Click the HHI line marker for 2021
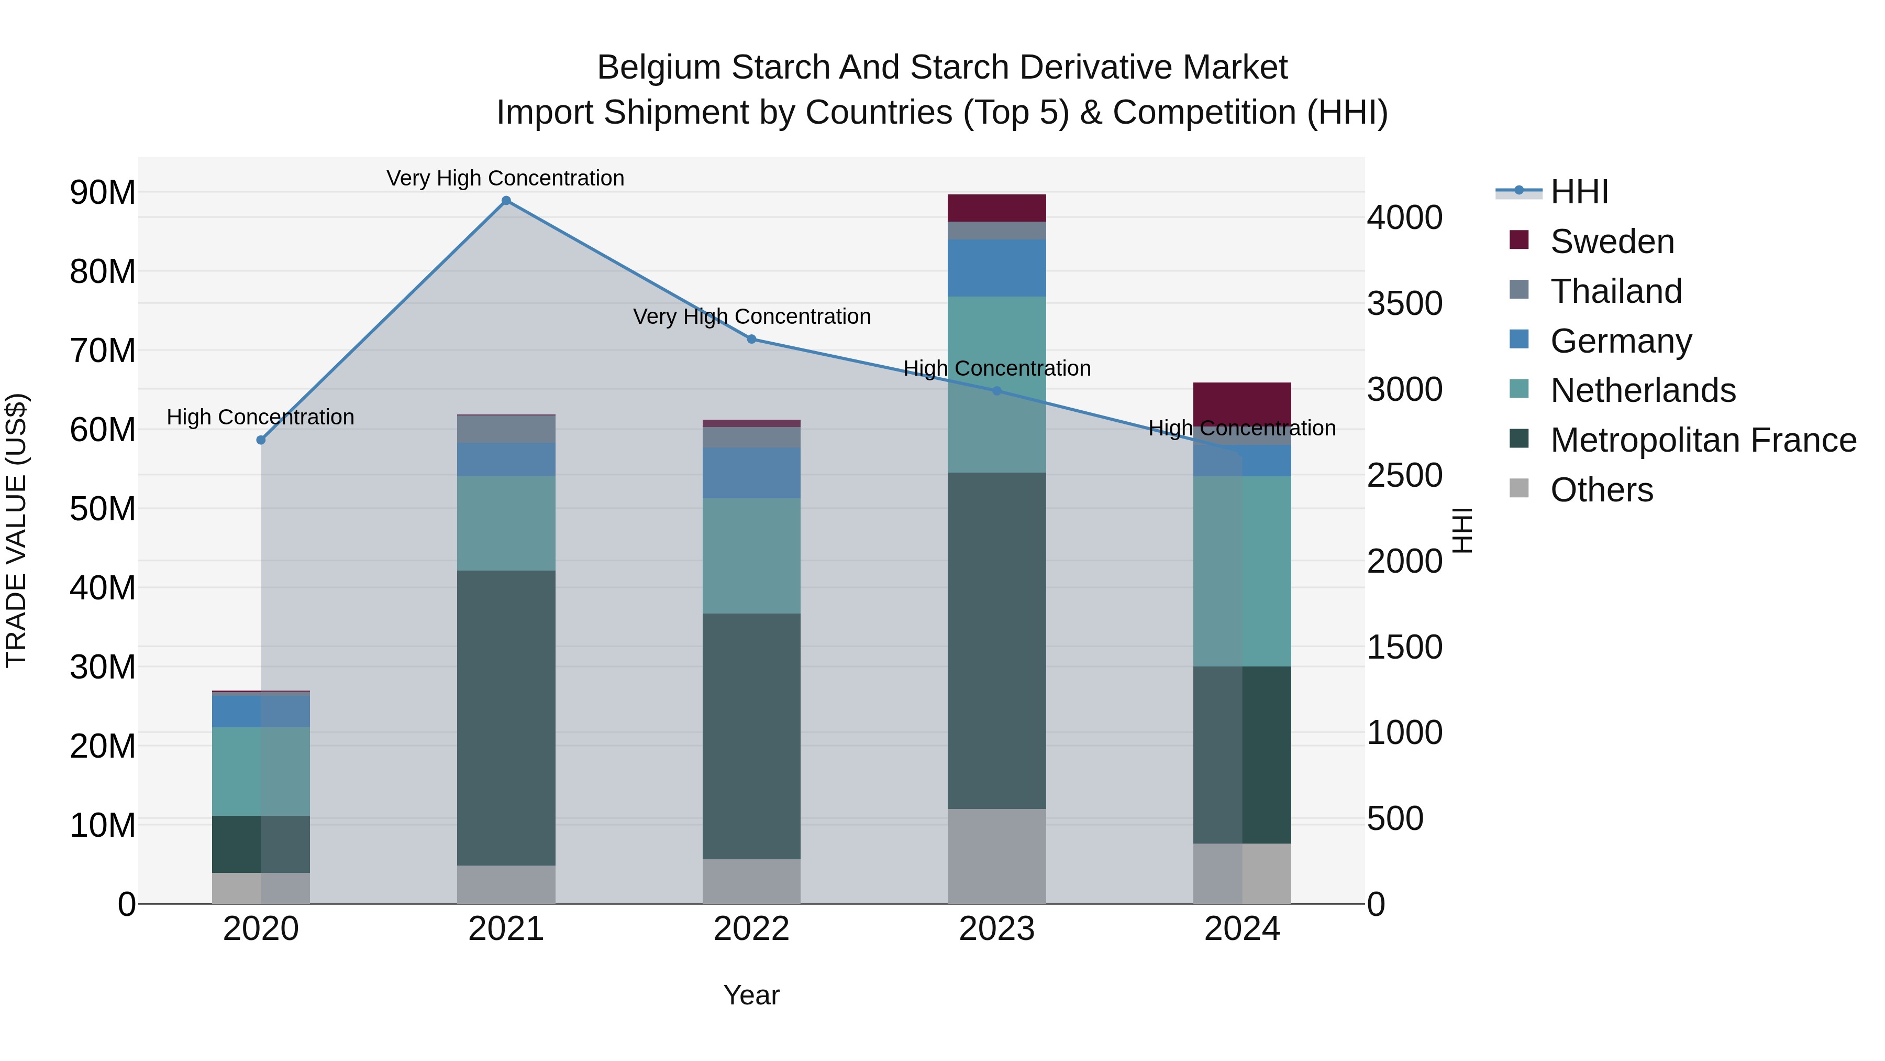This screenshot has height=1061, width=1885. click(506, 201)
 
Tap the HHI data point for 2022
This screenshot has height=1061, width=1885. click(751, 339)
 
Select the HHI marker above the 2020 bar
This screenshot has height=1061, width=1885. click(261, 440)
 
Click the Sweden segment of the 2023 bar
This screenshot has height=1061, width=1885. click(996, 208)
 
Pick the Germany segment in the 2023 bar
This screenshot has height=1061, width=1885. click(996, 268)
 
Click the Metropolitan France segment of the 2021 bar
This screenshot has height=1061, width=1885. click(506, 718)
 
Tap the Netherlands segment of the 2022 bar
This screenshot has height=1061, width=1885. click(751, 556)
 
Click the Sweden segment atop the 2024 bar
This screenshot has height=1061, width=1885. click(1242, 400)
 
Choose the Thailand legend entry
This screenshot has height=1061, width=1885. click(1616, 291)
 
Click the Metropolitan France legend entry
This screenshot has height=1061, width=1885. click(1703, 440)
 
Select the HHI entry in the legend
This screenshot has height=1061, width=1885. click(1579, 192)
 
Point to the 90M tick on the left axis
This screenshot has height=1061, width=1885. click(103, 193)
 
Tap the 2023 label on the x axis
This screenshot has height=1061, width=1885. click(996, 929)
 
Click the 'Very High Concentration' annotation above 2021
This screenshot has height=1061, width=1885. click(506, 178)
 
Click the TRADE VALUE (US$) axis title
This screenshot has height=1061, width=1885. click(17, 530)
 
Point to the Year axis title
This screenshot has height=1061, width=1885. click(751, 995)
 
